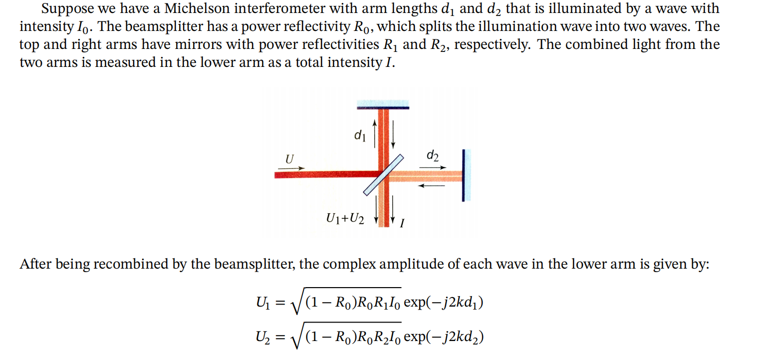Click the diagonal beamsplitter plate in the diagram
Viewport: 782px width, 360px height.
tap(383, 174)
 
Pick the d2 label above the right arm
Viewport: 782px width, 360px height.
tap(433, 156)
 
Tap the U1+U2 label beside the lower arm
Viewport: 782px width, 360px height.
tap(344, 218)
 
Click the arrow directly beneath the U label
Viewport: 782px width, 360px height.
tap(290, 169)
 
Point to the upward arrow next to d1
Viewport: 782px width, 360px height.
tap(374, 131)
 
